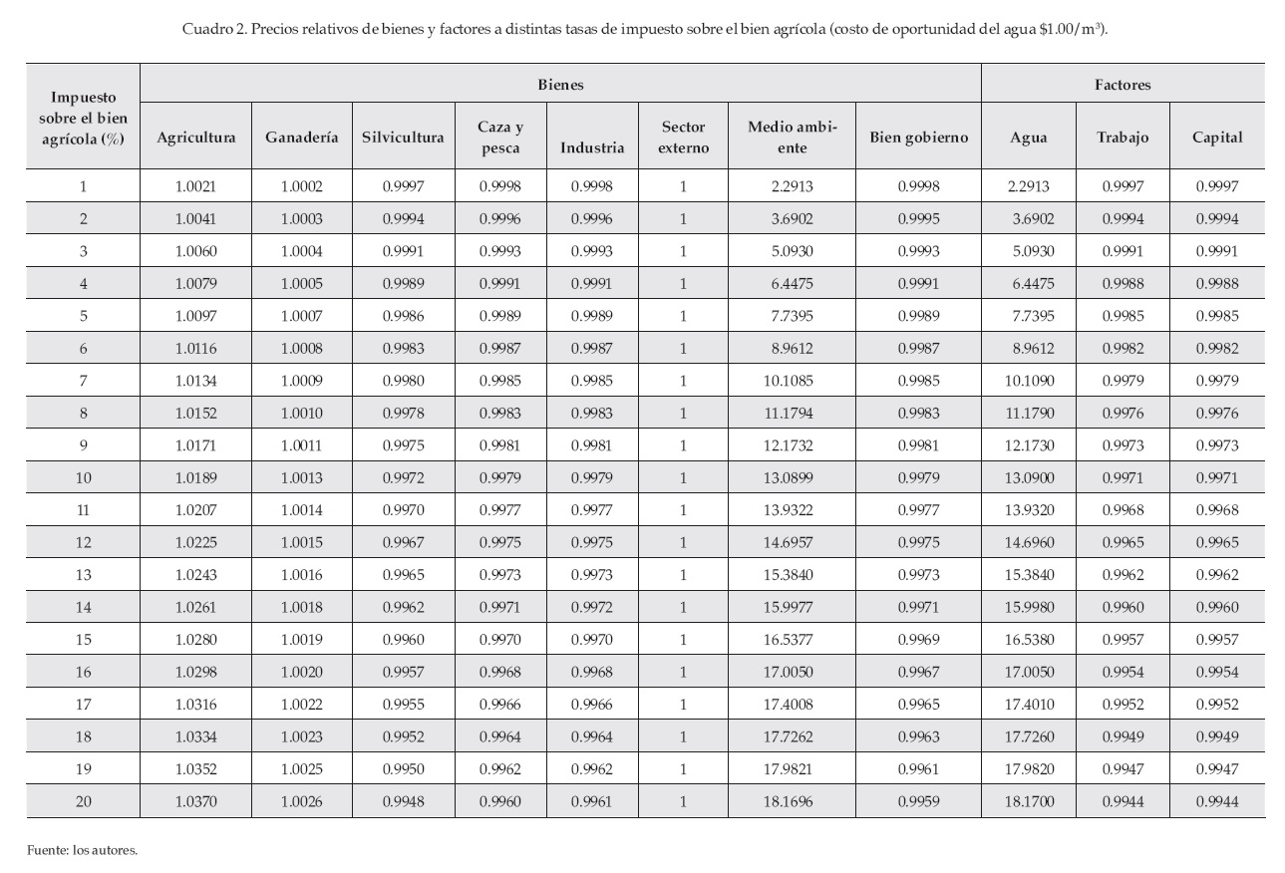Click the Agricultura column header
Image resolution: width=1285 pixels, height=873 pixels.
point(195,138)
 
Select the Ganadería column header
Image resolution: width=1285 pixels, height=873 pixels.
point(301,138)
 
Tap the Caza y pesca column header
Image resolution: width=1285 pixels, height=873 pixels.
point(500,138)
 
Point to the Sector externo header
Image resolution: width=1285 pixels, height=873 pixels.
point(683,138)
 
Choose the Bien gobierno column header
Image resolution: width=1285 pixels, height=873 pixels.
point(918,138)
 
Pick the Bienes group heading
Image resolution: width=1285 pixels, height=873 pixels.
point(560,85)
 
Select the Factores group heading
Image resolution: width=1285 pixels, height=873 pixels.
point(1123,85)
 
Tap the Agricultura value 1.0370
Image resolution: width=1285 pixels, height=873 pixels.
point(195,800)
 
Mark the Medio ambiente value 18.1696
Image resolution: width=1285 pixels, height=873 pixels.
point(793,800)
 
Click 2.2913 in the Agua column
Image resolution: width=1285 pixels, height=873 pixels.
point(1029,185)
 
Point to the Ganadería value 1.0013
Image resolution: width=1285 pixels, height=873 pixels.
point(301,477)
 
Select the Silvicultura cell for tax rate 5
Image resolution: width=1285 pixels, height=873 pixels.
point(403,315)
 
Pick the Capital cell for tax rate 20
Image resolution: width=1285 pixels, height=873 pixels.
point(1217,800)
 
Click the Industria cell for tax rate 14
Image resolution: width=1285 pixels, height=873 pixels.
point(592,607)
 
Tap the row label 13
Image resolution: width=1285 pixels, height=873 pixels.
point(83,574)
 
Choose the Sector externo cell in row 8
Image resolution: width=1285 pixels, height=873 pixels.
point(683,413)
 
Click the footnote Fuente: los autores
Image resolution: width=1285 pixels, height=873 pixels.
point(82,850)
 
